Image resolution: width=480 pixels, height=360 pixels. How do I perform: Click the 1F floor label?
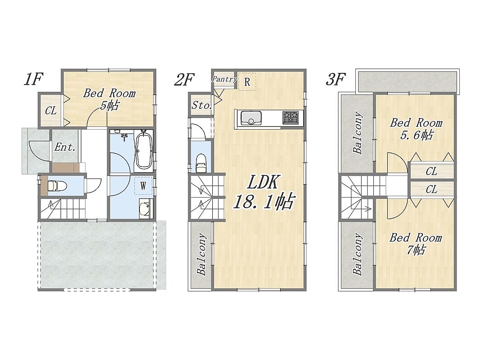(x=33, y=79)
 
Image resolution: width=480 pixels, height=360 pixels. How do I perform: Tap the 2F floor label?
(x=184, y=80)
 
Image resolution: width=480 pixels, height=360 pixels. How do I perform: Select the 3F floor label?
(x=336, y=79)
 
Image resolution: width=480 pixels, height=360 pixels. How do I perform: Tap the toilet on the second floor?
(x=201, y=163)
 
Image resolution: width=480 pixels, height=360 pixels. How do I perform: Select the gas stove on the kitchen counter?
(x=290, y=118)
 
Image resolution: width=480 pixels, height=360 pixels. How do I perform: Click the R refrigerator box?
(x=247, y=81)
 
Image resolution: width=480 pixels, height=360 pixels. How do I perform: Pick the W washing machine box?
(x=143, y=186)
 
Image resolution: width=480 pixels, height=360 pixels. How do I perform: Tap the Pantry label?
(x=224, y=79)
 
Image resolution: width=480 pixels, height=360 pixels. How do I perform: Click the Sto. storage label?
(x=202, y=106)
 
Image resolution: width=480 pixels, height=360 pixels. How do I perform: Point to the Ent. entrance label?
(x=65, y=147)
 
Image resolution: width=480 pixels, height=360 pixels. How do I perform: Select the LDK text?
(x=263, y=183)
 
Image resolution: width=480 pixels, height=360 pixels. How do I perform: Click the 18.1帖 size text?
(x=264, y=202)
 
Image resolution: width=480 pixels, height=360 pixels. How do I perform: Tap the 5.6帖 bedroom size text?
(x=417, y=135)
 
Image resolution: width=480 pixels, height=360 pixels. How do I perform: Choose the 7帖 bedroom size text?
(x=416, y=250)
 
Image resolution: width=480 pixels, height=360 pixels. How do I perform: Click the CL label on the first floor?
(x=51, y=111)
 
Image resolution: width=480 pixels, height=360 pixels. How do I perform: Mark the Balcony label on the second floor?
(x=201, y=255)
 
